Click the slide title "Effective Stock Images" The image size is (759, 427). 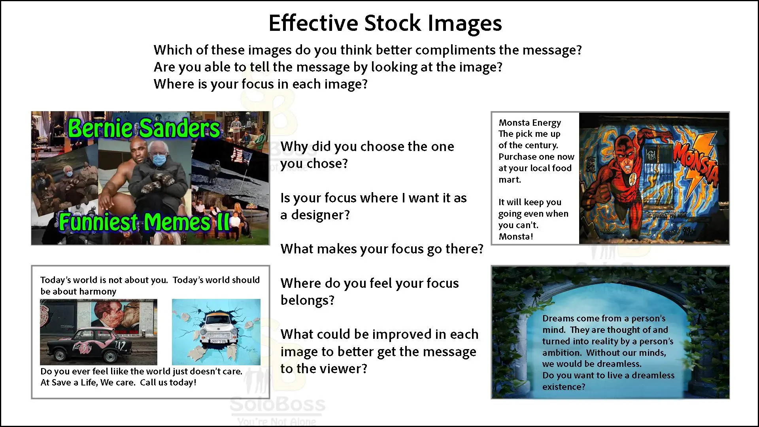[x=385, y=23]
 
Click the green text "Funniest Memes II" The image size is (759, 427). [x=145, y=222]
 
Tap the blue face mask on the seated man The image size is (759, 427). [x=158, y=160]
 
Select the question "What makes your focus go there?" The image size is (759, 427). [x=382, y=249]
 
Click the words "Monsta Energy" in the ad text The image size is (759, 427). [x=530, y=123]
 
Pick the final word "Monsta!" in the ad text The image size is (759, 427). [x=516, y=236]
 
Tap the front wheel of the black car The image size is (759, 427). [x=111, y=357]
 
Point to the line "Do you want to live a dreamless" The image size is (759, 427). [x=608, y=375]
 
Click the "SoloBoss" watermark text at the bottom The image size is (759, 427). [x=278, y=404]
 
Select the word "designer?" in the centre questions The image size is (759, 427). [x=321, y=215]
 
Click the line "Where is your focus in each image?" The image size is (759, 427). [x=261, y=84]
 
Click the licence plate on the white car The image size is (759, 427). [x=218, y=341]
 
